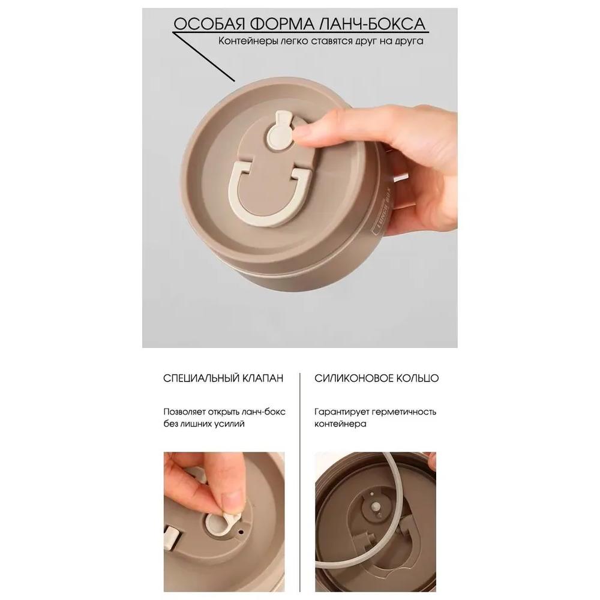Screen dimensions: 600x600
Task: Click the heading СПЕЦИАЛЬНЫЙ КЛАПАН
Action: [223, 378]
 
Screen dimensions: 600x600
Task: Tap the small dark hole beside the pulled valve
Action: [241, 531]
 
